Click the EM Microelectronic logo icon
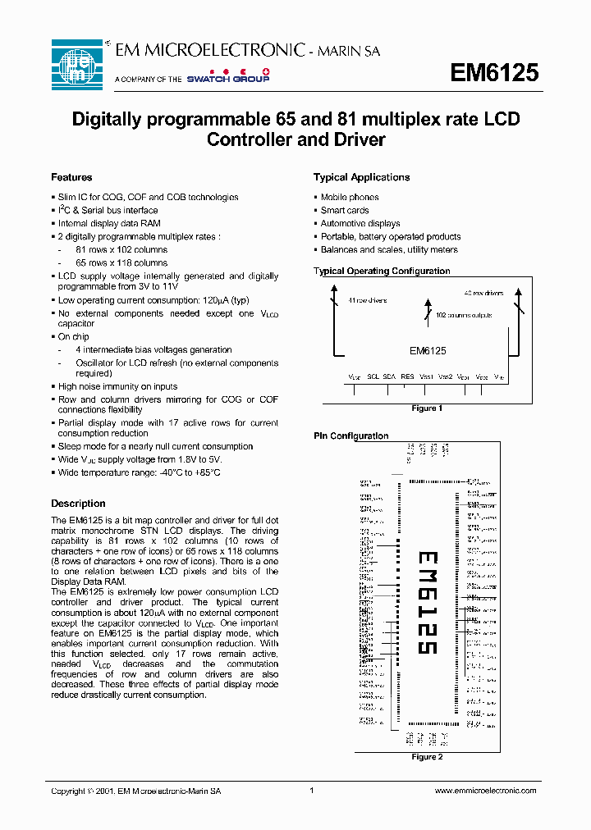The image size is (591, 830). (x=76, y=64)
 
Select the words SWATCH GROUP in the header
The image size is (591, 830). (x=227, y=79)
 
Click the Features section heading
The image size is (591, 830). (x=71, y=177)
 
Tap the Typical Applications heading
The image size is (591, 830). (x=361, y=177)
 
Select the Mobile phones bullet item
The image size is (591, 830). (x=349, y=197)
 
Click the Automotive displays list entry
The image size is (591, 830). (x=360, y=223)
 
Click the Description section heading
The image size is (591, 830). (x=78, y=504)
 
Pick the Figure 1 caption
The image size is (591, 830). (x=426, y=408)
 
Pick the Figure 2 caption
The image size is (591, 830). (x=426, y=756)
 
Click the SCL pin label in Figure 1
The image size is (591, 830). (x=373, y=376)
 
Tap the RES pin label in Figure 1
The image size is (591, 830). (x=407, y=376)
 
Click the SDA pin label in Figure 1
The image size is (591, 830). (x=389, y=376)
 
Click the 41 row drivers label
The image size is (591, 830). (x=367, y=300)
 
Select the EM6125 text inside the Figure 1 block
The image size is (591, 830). (x=428, y=350)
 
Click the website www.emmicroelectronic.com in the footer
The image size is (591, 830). (x=484, y=791)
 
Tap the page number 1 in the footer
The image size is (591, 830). (x=312, y=791)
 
